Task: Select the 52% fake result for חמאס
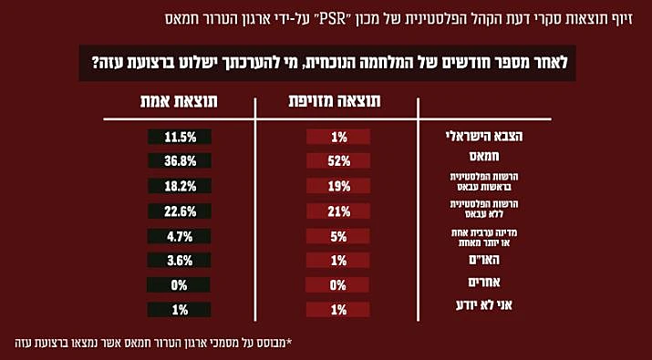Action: (x=338, y=161)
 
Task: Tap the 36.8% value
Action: (x=180, y=161)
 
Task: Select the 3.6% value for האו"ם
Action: (x=180, y=261)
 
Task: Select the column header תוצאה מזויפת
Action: (x=337, y=101)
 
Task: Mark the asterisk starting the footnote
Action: (x=289, y=343)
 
